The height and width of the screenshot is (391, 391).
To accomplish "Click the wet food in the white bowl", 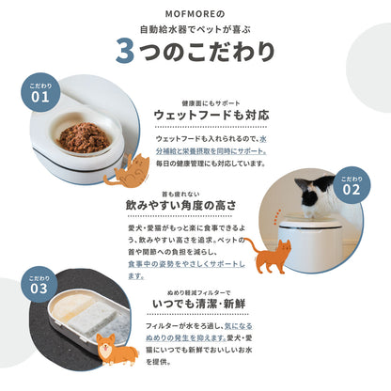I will tap(83, 138).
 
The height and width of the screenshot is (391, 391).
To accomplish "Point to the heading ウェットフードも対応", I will tap(219, 115).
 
